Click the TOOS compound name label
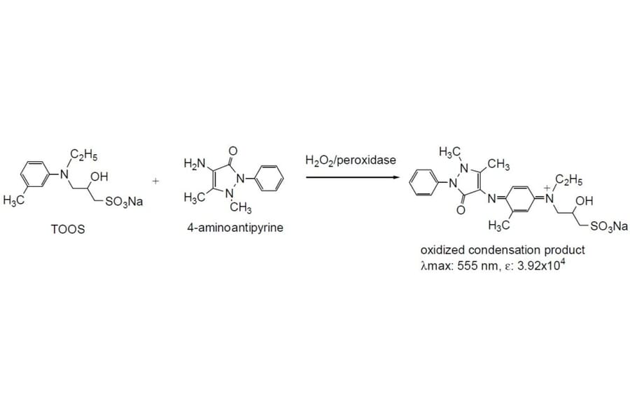[x=68, y=228]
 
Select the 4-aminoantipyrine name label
[x=234, y=228]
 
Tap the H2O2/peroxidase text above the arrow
[x=351, y=160]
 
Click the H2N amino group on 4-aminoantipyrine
[x=194, y=164]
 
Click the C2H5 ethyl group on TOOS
[x=82, y=155]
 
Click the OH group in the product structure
[x=583, y=202]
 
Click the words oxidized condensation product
[x=502, y=250]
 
